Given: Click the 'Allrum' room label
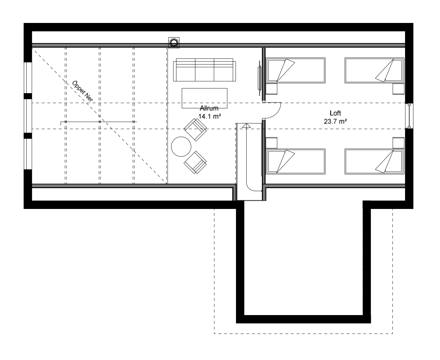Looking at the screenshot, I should click(209, 108).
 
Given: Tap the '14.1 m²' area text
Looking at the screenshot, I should click(210, 116).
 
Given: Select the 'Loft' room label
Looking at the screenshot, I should click(335, 113).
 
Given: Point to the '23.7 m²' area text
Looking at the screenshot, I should click(335, 121).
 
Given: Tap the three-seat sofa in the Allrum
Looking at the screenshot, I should click(204, 70).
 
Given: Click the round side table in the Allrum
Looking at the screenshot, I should click(181, 146).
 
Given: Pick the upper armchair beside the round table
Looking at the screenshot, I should click(195, 129).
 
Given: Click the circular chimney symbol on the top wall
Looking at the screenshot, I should click(174, 43).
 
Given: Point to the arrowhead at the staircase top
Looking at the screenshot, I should click(246, 125).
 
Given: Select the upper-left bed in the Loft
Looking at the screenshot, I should click(295, 70).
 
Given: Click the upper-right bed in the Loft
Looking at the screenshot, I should click(374, 70).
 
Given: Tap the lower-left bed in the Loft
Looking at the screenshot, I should click(295, 161).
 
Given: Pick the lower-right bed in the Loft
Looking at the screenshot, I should click(374, 161).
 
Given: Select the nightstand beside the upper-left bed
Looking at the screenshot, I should click(272, 89).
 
